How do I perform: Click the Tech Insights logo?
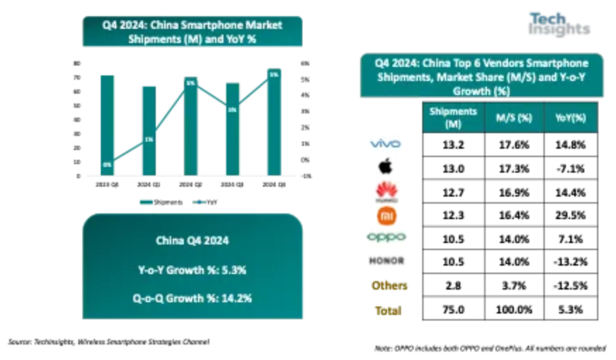tap(559, 23)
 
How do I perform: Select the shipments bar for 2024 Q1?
tap(149, 130)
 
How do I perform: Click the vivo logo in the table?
tap(385, 144)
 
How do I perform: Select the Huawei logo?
tap(385, 190)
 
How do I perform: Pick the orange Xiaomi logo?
tap(385, 214)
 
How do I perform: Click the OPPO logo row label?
tap(385, 237)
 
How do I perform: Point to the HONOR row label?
tap(385, 261)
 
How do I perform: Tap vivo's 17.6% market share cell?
tap(515, 144)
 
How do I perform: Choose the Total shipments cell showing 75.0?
tap(453, 310)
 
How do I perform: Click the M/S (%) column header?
tap(515, 117)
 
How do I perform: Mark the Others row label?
tap(389, 285)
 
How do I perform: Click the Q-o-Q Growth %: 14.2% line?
tap(192, 297)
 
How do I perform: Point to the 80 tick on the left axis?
tap(75, 63)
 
